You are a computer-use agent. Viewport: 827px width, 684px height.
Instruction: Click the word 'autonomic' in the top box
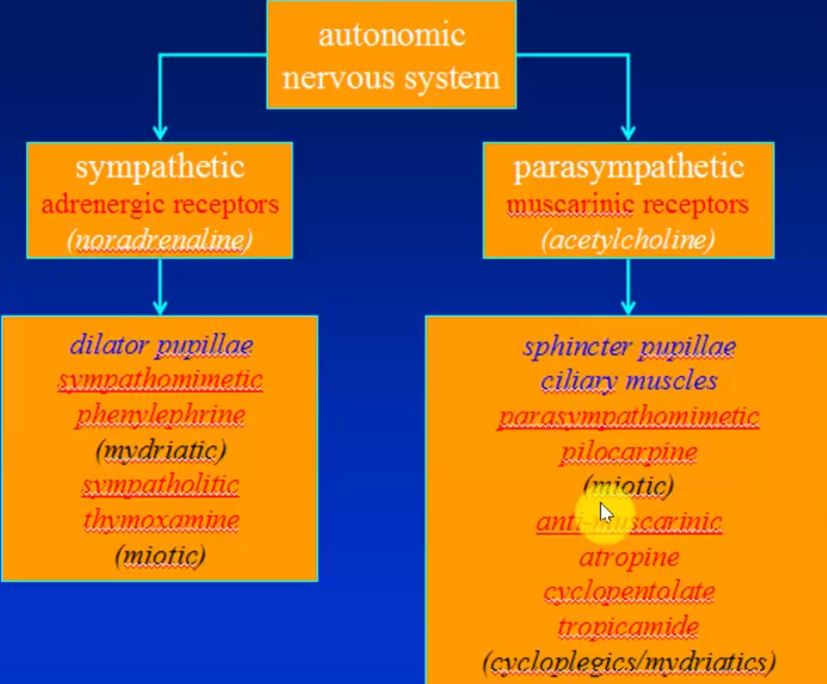pyautogui.click(x=390, y=36)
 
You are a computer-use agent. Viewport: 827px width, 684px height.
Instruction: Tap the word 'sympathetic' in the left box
pyautogui.click(x=159, y=167)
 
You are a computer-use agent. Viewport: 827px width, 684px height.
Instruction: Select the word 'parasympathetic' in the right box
pyautogui.click(x=628, y=167)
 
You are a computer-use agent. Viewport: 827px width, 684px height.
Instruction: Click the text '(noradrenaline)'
pyautogui.click(x=159, y=240)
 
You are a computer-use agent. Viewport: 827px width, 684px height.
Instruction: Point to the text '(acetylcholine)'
pyautogui.click(x=628, y=240)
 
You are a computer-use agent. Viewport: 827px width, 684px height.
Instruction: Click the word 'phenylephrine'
pyautogui.click(x=160, y=415)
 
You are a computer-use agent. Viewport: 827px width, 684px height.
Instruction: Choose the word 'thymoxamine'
pyautogui.click(x=161, y=521)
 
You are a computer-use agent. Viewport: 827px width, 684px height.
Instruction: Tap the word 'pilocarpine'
pyautogui.click(x=629, y=452)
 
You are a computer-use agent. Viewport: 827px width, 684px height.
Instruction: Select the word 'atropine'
pyautogui.click(x=629, y=556)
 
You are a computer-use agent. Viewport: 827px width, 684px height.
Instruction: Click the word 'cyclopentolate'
pyautogui.click(x=629, y=592)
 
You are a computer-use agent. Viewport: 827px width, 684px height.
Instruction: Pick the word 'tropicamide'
pyautogui.click(x=629, y=627)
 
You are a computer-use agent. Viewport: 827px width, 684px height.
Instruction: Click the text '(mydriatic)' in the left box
pyautogui.click(x=160, y=451)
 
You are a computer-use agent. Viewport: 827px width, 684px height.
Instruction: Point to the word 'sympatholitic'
pyautogui.click(x=160, y=485)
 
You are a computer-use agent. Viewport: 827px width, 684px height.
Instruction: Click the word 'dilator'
pyautogui.click(x=109, y=345)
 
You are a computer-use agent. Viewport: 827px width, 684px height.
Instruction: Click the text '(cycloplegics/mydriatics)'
pyautogui.click(x=629, y=662)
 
